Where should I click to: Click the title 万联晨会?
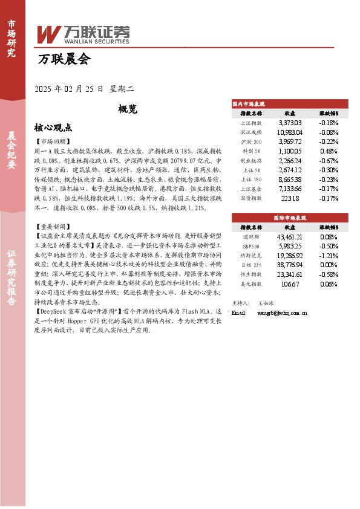point(64,59)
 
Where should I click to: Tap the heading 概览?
point(128,109)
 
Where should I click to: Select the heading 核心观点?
point(53,128)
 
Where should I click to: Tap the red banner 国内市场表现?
point(290,103)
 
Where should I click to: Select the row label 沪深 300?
point(251,141)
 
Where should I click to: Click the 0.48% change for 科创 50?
point(328,151)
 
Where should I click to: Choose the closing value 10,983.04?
point(289,132)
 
